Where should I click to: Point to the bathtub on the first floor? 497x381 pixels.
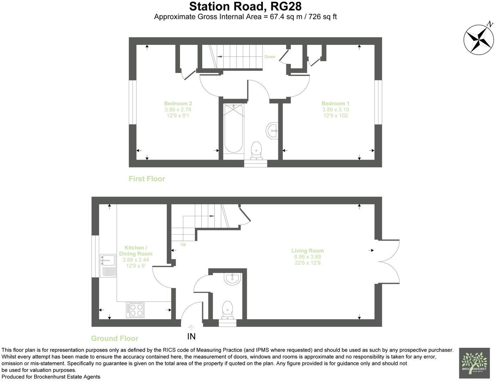[233, 128]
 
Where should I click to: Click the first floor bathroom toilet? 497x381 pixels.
[256, 150]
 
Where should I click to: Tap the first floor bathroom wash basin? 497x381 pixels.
[273, 130]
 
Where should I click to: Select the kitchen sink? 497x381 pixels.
[108, 265]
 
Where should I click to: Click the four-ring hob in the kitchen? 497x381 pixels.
[135, 310]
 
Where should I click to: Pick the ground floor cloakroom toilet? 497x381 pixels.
[227, 309]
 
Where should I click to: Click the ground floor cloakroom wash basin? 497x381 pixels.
[232, 279]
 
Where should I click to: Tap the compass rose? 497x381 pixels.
[479, 39]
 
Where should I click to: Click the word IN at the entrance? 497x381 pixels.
[191, 337]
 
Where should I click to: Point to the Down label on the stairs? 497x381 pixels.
[270, 57]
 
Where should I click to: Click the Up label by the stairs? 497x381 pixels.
[183, 244]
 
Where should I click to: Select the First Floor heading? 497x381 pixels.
[147, 179]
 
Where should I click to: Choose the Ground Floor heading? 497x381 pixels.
[115, 338]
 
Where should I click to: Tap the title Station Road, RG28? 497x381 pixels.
[245, 6]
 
